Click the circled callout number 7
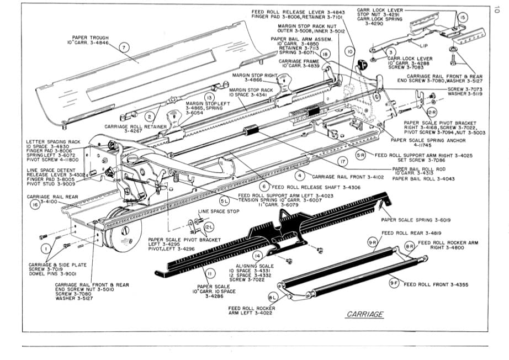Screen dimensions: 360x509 point(124,47)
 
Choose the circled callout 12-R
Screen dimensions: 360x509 point(432,112)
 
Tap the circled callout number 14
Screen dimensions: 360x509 point(257,256)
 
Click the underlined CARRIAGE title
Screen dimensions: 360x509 point(365,314)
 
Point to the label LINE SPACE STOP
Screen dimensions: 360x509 point(219,211)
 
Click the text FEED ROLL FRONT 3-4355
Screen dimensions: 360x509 point(436,285)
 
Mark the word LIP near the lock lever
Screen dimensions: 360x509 point(425,46)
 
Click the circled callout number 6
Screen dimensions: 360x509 point(265,187)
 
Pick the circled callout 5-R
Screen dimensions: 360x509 point(360,156)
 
